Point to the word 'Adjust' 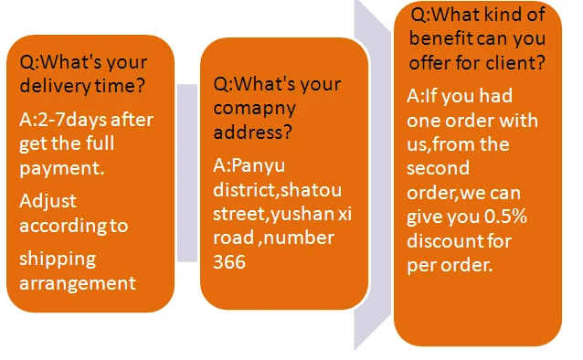click(x=48, y=199)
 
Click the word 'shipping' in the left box click(x=57, y=259)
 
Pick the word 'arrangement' click(x=77, y=282)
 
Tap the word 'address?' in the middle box click(x=252, y=133)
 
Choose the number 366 click(x=230, y=261)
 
